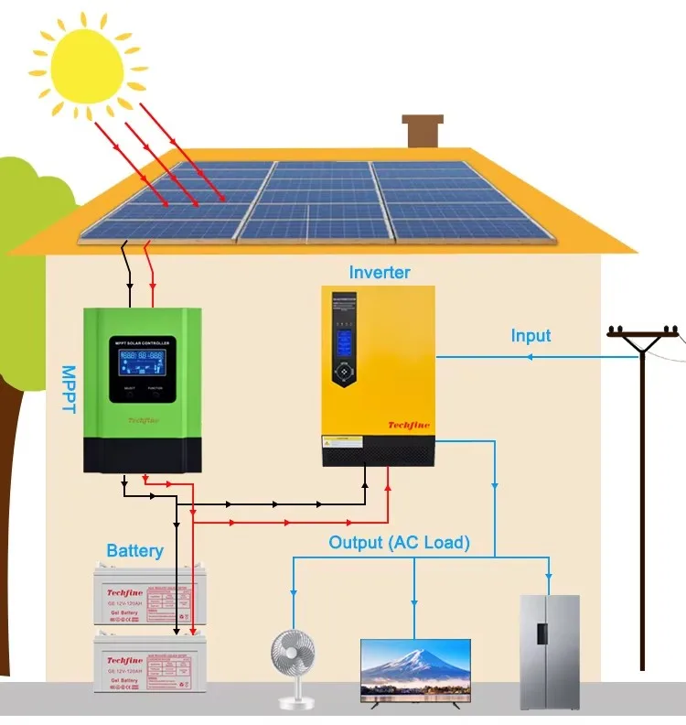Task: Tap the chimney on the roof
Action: (423, 132)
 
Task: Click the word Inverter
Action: (380, 273)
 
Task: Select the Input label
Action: (531, 336)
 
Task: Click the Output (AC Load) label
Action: (399, 543)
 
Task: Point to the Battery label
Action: (134, 550)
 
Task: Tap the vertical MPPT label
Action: (68, 390)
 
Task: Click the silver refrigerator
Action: (550, 651)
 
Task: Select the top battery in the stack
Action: (145, 595)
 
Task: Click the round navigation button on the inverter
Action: (345, 373)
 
